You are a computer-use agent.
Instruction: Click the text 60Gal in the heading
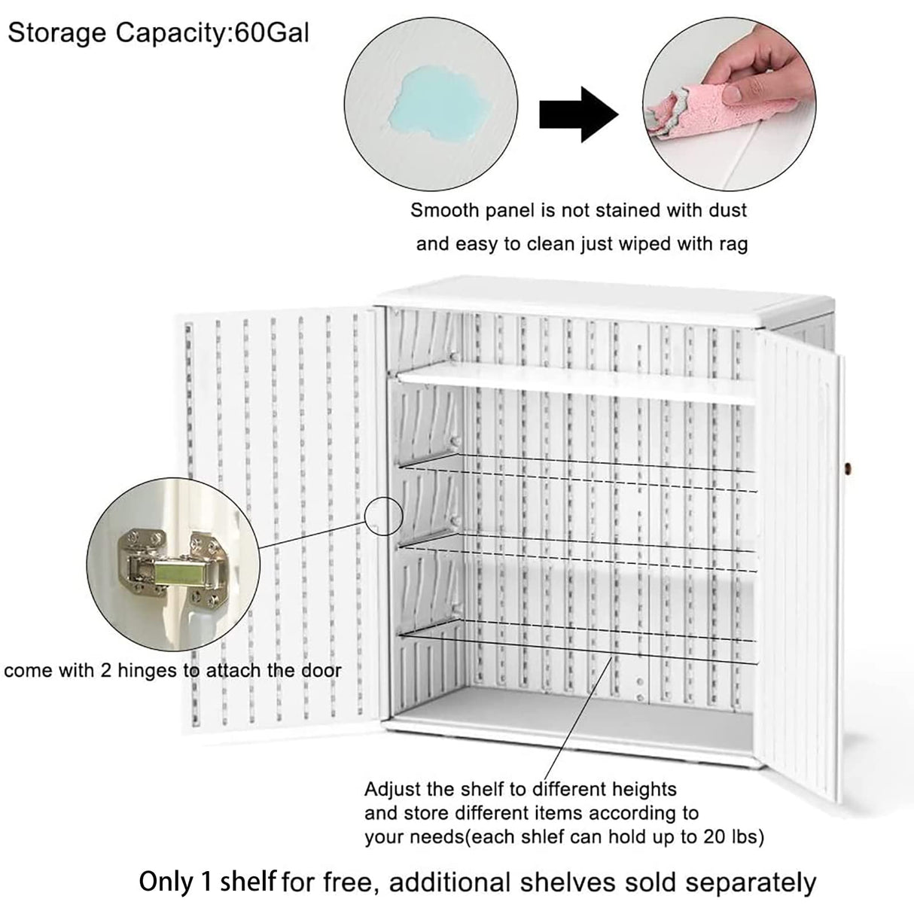coord(272,34)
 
